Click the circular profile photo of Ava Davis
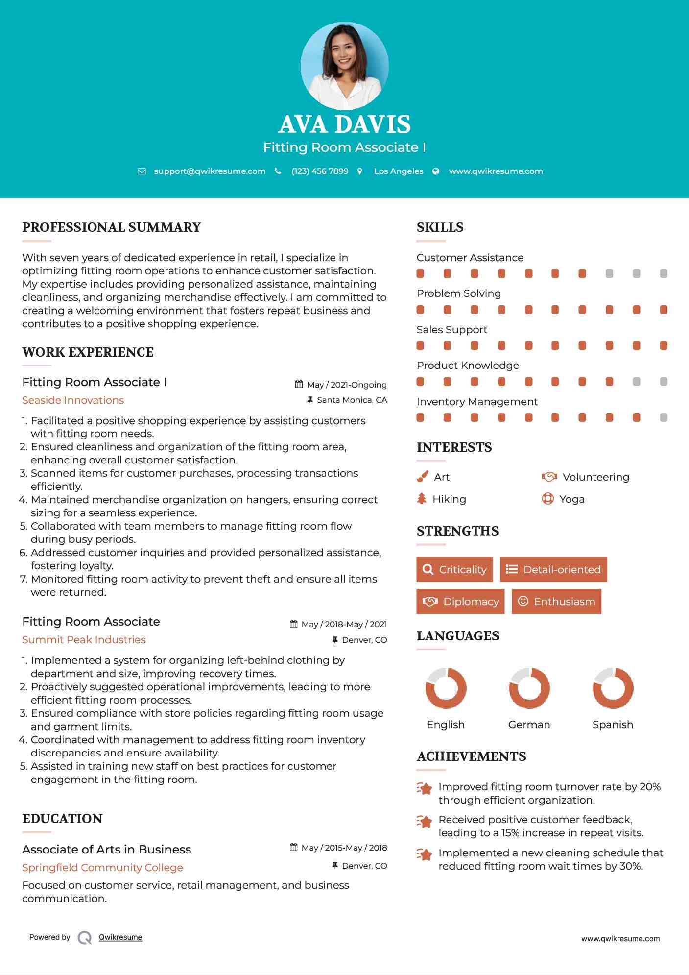[x=344, y=66]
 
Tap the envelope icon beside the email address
[x=142, y=171]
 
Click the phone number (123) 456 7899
[x=320, y=171]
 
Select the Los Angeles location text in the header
[x=399, y=171]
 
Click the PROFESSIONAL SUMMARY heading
[x=112, y=227]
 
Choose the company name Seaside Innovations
[x=73, y=400]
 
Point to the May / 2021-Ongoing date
[x=347, y=385]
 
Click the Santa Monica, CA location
[x=352, y=400]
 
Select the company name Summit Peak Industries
[x=84, y=640]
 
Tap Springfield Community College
[x=102, y=868]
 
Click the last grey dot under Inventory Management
[x=664, y=417]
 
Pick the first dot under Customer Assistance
[x=420, y=273]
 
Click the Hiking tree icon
[x=422, y=499]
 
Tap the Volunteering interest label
[x=595, y=477]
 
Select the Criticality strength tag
[x=454, y=569]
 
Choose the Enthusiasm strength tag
[x=556, y=602]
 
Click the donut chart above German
[x=529, y=688]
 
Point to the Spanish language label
[x=613, y=725]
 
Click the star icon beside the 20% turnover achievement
[x=425, y=788]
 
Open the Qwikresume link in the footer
[x=120, y=937]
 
